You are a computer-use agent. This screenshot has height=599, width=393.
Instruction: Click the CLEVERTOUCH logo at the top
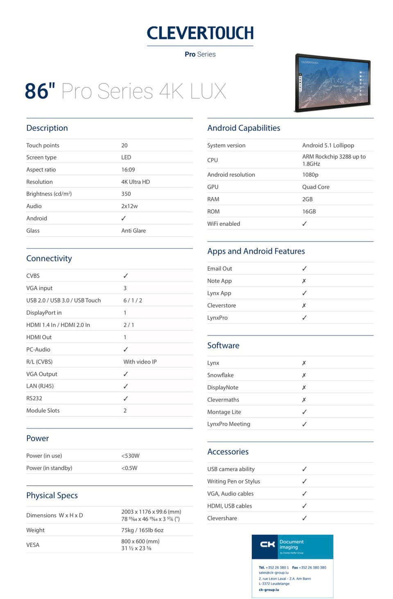click(200, 33)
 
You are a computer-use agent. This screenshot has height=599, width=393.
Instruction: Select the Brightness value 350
click(126, 194)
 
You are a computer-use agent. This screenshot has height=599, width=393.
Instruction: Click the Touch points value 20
click(124, 145)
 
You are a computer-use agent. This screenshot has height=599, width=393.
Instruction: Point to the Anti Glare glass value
click(133, 231)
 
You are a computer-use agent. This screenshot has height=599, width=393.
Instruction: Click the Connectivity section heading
click(49, 258)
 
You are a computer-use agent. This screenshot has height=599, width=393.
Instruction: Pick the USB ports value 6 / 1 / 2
click(133, 300)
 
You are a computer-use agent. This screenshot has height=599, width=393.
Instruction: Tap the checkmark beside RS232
click(126, 398)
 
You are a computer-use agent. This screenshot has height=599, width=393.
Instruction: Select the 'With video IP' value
click(140, 362)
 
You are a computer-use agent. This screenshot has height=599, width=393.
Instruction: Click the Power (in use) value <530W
click(130, 456)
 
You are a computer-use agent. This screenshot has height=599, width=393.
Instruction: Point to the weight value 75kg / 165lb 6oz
click(142, 530)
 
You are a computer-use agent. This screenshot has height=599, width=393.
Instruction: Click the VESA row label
click(33, 545)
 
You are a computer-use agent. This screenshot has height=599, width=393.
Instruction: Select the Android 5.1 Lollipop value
click(328, 145)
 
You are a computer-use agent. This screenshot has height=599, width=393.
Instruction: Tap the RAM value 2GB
click(307, 199)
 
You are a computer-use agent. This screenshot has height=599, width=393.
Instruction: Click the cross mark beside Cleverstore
click(304, 305)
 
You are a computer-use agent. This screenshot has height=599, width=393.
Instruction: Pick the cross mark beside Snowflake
click(304, 375)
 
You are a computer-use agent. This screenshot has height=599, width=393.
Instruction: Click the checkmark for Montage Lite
click(304, 412)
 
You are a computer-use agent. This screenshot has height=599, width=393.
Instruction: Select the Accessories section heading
click(228, 452)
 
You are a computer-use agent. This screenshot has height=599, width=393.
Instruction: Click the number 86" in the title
click(40, 91)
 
